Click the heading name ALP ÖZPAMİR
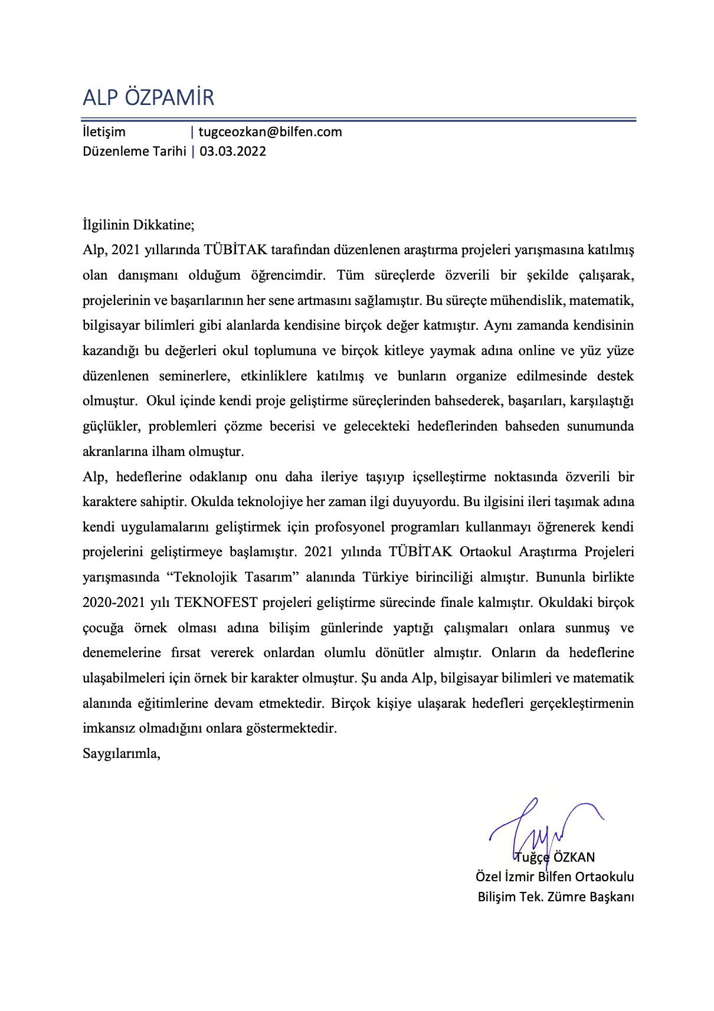[148, 97]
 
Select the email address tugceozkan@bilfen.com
[270, 132]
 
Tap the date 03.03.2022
[232, 151]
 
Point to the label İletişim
[104, 132]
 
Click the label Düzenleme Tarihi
[134, 151]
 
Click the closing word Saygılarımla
[121, 753]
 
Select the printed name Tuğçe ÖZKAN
[555, 857]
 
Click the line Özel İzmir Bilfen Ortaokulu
[555, 877]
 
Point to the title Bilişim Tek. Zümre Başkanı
[556, 897]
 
